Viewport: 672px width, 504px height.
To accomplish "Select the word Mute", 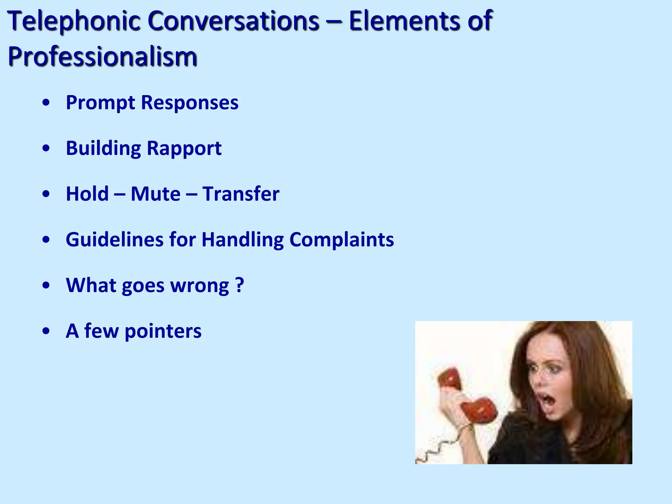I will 156,194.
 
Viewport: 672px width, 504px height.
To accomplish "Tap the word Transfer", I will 241,194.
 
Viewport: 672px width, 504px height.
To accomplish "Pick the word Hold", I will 87,194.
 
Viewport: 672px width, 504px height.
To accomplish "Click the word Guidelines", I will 115,240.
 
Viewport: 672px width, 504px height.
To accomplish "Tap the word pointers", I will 163,331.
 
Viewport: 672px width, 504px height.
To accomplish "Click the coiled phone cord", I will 440,450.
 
